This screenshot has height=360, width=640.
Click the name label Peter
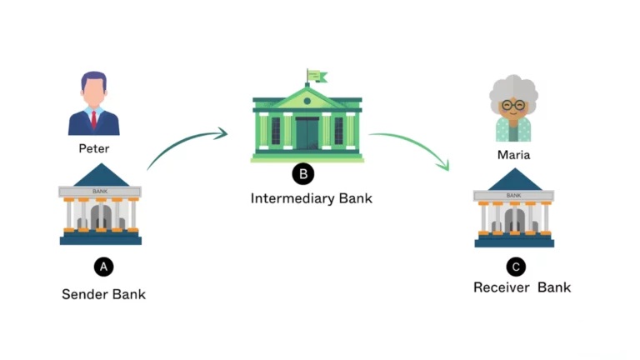[94, 148]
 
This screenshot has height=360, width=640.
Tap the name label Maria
[513, 154]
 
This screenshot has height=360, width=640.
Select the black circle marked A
[102, 267]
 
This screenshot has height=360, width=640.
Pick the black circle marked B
[302, 173]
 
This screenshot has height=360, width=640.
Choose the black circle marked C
[517, 267]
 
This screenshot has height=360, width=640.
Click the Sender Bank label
[103, 294]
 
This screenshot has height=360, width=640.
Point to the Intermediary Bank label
[311, 198]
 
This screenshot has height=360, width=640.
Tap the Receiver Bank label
[522, 287]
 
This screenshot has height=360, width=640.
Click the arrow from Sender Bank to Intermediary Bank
[185, 145]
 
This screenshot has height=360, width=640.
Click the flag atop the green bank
[316, 77]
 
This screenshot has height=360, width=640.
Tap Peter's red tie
[94, 119]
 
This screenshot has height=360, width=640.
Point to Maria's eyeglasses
[513, 106]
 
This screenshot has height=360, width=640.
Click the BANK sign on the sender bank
[100, 192]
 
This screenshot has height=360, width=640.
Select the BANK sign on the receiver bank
[514, 195]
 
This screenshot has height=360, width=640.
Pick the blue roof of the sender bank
[101, 177]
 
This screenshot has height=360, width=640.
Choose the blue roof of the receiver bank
[514, 181]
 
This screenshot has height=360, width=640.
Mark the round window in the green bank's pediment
[307, 100]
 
